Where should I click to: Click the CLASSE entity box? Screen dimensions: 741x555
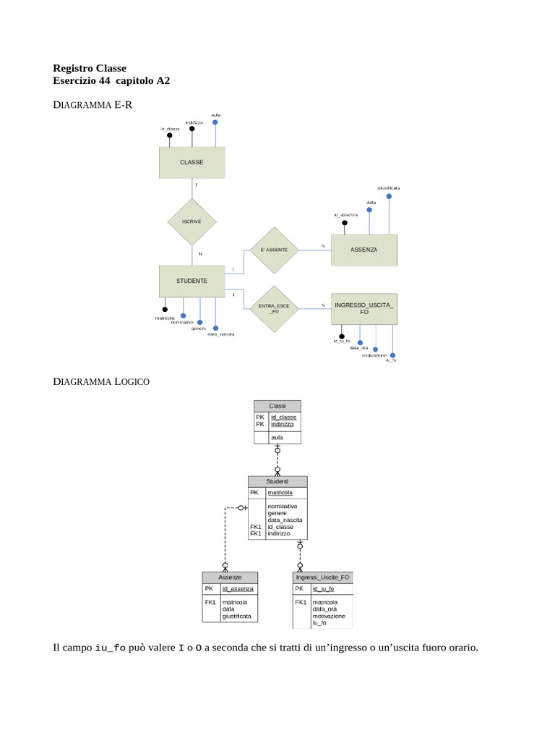point(192,163)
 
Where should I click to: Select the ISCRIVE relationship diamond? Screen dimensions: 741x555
point(192,221)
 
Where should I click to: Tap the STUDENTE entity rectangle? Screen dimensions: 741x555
point(192,281)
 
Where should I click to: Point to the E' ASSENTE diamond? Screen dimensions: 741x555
point(274,250)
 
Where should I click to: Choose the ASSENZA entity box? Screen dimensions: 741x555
point(363,250)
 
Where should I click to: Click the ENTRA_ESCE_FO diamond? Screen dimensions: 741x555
point(274,308)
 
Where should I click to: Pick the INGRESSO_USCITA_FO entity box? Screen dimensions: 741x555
point(363,308)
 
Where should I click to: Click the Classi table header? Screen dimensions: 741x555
point(277,406)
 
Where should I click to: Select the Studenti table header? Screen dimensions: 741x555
point(277,481)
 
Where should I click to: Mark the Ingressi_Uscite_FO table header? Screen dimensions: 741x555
point(323,577)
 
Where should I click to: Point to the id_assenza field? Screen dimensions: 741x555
point(238,589)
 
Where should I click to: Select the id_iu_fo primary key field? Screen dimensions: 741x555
point(323,589)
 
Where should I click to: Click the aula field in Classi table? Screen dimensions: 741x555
point(277,438)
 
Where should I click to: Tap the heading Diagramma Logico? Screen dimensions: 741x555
point(101,381)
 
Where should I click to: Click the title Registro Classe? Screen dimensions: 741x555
point(90,68)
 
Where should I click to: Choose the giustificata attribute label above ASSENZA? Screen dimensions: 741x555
point(388,187)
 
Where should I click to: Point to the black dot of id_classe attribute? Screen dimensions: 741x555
point(169,135)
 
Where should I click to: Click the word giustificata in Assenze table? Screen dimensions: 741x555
point(237,617)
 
